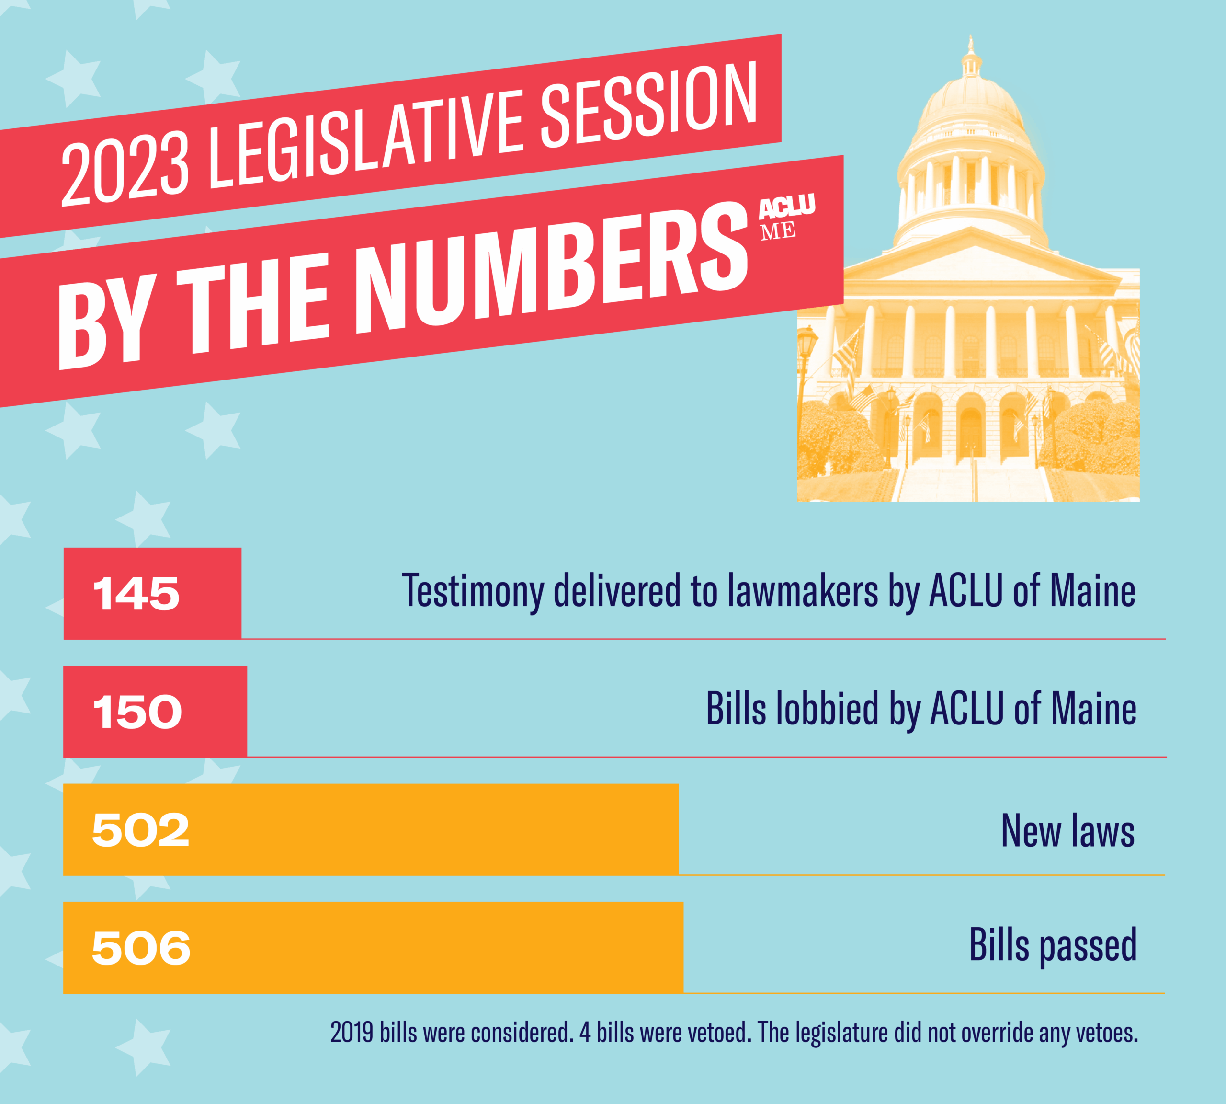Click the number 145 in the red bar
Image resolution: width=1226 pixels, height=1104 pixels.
pos(136,593)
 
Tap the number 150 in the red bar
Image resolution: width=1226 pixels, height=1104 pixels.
pos(137,712)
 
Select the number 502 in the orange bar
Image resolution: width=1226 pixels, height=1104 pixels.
pos(141,830)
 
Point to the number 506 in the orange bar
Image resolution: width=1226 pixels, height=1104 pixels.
pos(141,948)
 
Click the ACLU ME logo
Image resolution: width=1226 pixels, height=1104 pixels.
pos(786,218)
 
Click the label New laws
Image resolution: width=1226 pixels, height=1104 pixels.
pos(1068,831)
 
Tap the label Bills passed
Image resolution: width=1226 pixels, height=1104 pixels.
pos(1053,945)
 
